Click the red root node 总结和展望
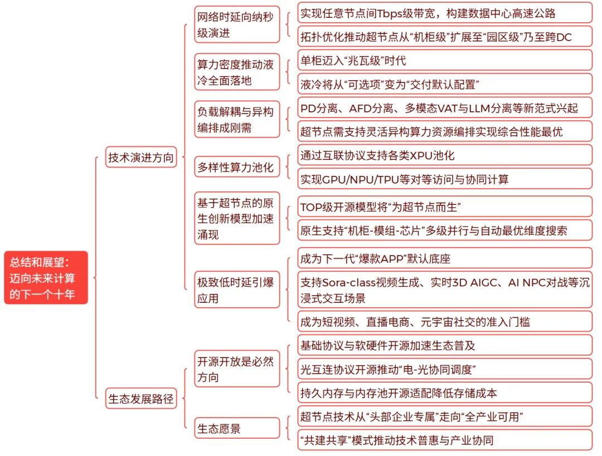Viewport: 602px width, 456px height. point(46,277)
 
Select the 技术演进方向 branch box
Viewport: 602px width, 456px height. point(140,158)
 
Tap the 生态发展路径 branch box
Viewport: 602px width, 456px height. point(140,399)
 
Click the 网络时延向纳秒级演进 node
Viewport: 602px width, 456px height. point(237,24)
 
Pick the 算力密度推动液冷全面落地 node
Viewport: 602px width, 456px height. point(237,72)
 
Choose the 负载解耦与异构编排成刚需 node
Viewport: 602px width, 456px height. point(237,119)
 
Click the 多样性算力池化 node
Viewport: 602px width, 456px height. point(237,166)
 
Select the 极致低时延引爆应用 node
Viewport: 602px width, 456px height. point(237,290)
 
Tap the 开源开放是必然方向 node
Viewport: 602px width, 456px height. point(237,369)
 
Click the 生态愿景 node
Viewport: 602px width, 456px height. point(237,428)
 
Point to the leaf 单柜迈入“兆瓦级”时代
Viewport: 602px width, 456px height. point(444,60)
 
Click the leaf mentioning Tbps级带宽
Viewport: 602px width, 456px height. point(444,13)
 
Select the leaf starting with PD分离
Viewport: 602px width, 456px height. point(444,107)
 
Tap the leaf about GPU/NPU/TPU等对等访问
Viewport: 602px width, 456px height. point(444,179)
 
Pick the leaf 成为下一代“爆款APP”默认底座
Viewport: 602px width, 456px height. point(444,258)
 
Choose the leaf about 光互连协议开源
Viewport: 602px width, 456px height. point(444,369)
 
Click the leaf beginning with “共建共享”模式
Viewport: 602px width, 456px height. point(444,440)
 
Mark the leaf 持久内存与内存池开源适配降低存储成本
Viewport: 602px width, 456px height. point(444,393)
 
